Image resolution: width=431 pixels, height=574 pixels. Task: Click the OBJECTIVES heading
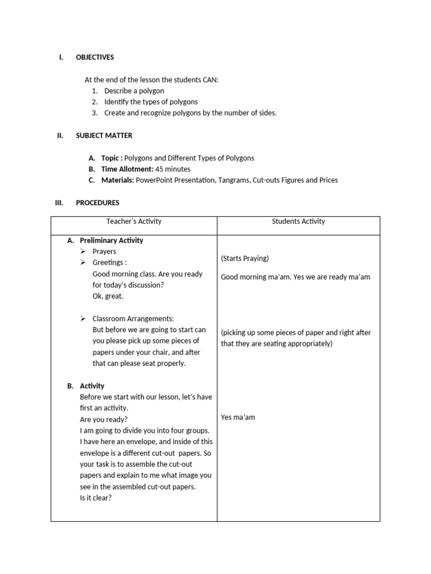(x=94, y=57)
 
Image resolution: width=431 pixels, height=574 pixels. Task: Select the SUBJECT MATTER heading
(x=104, y=136)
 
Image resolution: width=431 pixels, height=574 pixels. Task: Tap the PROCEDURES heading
(x=97, y=203)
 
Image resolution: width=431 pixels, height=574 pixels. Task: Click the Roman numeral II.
(x=59, y=136)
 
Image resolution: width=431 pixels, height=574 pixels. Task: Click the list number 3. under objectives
(x=95, y=113)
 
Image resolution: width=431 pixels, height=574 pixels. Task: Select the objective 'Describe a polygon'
(x=134, y=91)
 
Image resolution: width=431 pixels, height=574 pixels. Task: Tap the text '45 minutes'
(x=173, y=169)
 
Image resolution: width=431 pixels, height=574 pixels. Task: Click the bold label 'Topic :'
(x=112, y=158)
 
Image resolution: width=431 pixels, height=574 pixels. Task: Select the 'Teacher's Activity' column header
(x=134, y=221)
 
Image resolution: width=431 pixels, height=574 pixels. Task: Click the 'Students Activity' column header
(x=299, y=221)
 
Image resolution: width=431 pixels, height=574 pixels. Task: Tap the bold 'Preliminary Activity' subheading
(x=111, y=240)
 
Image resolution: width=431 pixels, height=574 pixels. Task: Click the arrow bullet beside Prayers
(x=84, y=252)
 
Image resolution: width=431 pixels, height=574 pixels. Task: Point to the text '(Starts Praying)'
(x=245, y=258)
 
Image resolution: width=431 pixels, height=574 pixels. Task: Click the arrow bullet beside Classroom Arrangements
(x=84, y=318)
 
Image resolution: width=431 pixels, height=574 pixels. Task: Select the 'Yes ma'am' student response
(x=238, y=418)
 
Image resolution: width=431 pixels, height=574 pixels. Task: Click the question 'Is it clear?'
(x=96, y=498)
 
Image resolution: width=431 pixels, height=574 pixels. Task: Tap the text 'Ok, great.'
(x=108, y=296)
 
